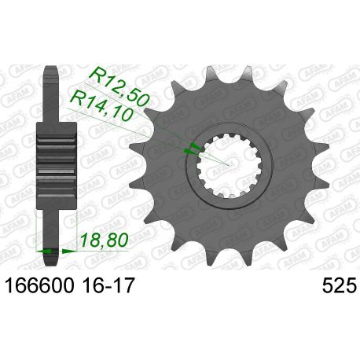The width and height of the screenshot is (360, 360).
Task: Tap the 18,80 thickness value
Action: click(x=101, y=236)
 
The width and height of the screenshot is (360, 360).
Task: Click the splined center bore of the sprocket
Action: click(x=229, y=165)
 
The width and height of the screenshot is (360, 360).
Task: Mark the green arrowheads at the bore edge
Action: click(x=189, y=149)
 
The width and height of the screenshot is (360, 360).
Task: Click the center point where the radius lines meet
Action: click(x=229, y=165)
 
